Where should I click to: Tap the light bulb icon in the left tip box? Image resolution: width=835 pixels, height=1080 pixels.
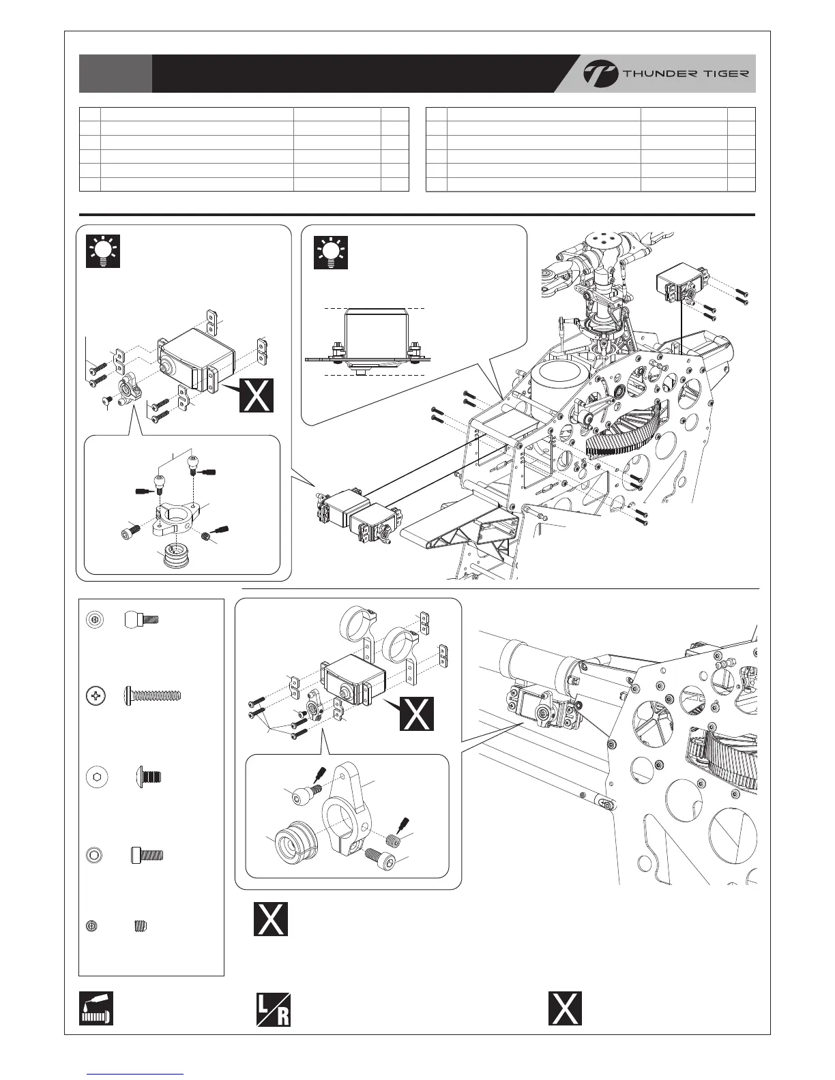pos(103,251)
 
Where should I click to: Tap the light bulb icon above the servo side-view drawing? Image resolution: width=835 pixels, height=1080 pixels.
pos(331,251)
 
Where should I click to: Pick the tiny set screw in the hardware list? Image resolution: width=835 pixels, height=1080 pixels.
pos(141,926)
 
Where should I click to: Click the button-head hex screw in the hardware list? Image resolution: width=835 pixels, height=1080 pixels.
pos(152,776)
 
